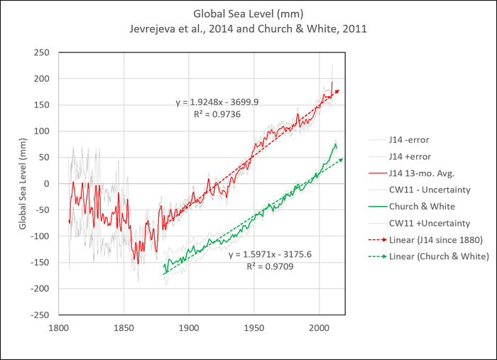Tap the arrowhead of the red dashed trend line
coord(338,91)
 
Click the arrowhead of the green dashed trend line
coord(342,160)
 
